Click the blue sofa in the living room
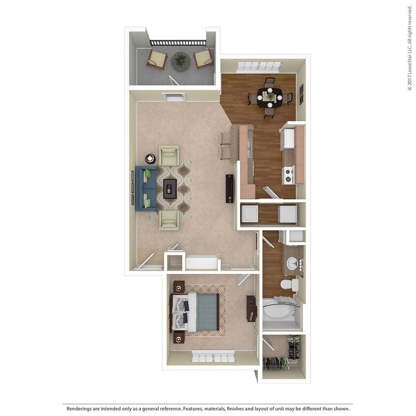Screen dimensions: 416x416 (146, 188)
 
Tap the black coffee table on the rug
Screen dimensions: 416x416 (170, 188)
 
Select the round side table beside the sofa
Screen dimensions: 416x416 (150, 159)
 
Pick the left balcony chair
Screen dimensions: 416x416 (157, 59)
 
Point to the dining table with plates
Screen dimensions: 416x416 (270, 97)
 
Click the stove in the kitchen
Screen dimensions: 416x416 (288, 174)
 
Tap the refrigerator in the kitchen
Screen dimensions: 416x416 (288, 139)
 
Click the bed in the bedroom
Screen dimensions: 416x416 (195, 312)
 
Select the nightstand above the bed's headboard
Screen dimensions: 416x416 (178, 286)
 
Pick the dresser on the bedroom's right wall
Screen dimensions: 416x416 (251, 308)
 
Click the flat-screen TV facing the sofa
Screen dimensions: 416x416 (229, 188)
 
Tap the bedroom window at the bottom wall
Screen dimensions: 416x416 (213, 356)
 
